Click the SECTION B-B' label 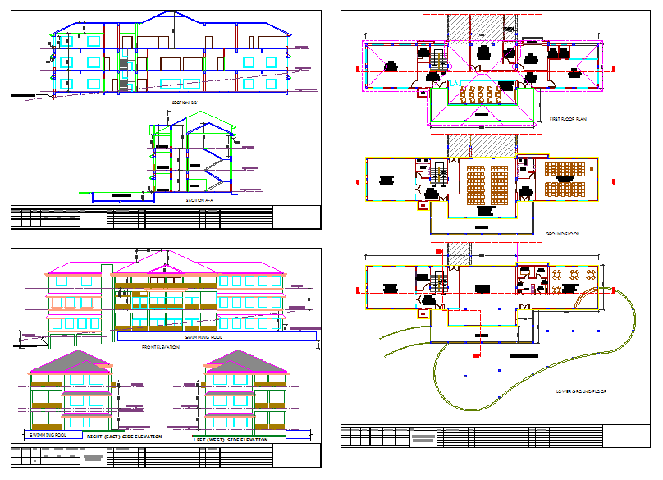click(x=185, y=102)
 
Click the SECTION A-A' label click(x=199, y=199)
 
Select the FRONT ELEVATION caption click(x=161, y=346)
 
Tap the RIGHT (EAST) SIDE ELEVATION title click(x=124, y=437)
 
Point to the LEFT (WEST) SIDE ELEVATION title click(x=231, y=441)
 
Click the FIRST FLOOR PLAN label click(x=567, y=119)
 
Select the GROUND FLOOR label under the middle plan click(x=563, y=234)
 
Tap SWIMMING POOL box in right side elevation click(x=48, y=434)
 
